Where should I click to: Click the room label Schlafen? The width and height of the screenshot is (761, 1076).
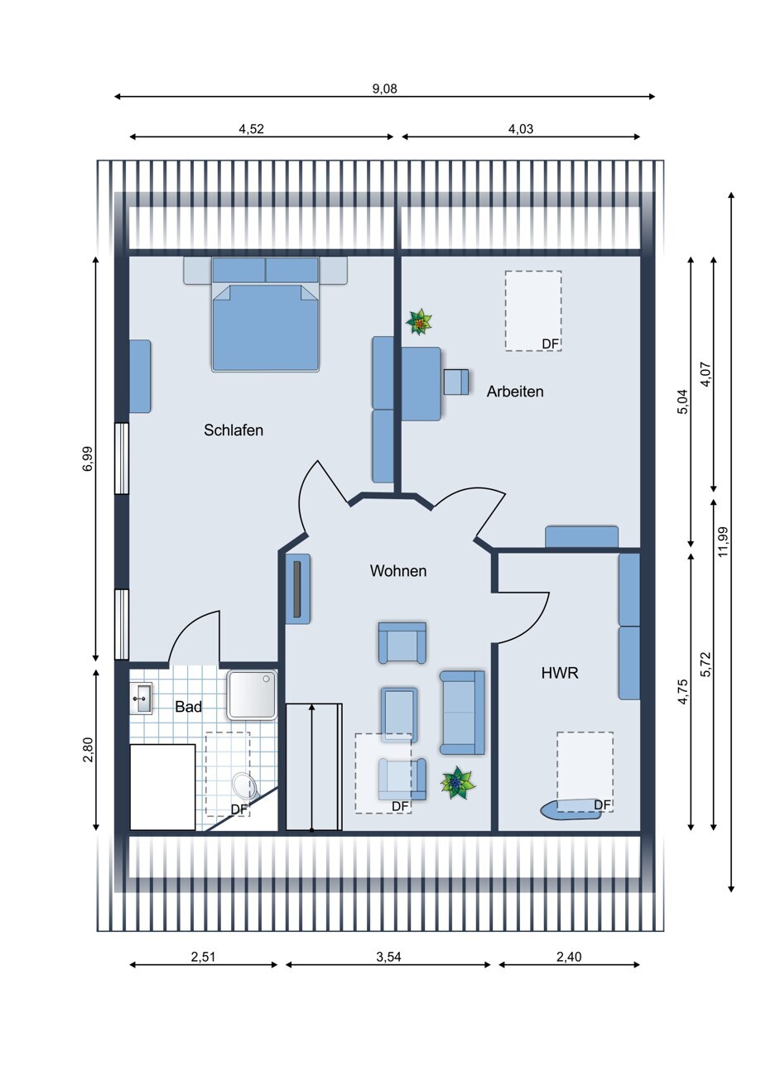tap(234, 430)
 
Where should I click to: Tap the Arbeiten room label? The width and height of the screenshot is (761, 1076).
tap(515, 391)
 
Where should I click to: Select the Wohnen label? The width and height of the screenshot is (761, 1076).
tap(398, 570)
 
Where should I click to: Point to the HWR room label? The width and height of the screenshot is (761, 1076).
tap(560, 673)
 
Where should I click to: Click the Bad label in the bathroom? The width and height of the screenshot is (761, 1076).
tap(188, 707)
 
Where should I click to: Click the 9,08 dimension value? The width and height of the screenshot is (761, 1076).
tap(385, 89)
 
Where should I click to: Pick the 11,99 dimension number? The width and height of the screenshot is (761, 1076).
tap(723, 542)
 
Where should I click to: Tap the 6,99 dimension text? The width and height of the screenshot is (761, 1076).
tap(88, 459)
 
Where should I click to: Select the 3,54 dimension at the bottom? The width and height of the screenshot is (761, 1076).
tap(388, 957)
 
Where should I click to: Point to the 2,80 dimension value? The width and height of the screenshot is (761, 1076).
tap(88, 749)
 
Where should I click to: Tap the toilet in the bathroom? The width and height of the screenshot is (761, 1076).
tap(242, 786)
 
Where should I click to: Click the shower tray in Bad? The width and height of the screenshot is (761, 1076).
tap(253, 694)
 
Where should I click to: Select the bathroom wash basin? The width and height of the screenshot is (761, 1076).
tap(142, 698)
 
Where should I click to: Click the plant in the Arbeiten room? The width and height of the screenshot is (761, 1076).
tap(419, 322)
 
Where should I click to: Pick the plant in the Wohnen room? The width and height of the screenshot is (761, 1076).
tap(457, 784)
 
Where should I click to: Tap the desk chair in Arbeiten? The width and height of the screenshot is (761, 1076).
tap(456, 382)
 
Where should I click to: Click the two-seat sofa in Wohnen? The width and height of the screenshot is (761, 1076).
tap(462, 713)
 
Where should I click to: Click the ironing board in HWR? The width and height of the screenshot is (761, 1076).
tap(571, 809)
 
